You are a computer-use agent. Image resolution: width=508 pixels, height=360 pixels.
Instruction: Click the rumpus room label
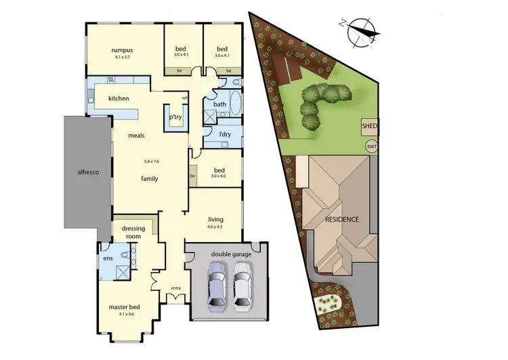[x=122, y=49]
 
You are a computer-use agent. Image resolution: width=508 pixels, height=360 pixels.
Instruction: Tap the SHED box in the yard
[x=370, y=127]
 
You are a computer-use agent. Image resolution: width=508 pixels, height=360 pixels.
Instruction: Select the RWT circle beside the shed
[x=371, y=146]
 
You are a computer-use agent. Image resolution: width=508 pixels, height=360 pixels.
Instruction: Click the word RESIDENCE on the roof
[x=341, y=220]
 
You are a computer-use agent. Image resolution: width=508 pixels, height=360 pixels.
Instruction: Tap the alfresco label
[x=87, y=173]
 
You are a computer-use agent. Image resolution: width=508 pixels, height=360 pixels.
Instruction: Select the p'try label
[x=175, y=118]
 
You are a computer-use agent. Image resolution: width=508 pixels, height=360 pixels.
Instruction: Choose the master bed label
[x=123, y=307]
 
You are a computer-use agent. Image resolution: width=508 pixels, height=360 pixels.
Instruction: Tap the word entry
[x=176, y=288]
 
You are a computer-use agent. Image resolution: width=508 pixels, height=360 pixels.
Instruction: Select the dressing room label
[x=133, y=233]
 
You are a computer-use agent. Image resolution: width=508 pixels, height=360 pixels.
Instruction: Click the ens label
[x=108, y=258]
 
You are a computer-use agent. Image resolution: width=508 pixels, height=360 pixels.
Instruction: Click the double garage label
[x=230, y=254]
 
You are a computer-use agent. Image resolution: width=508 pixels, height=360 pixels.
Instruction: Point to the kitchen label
[x=119, y=98]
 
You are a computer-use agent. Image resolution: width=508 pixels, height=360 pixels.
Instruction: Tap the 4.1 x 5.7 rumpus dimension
[x=122, y=57]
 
